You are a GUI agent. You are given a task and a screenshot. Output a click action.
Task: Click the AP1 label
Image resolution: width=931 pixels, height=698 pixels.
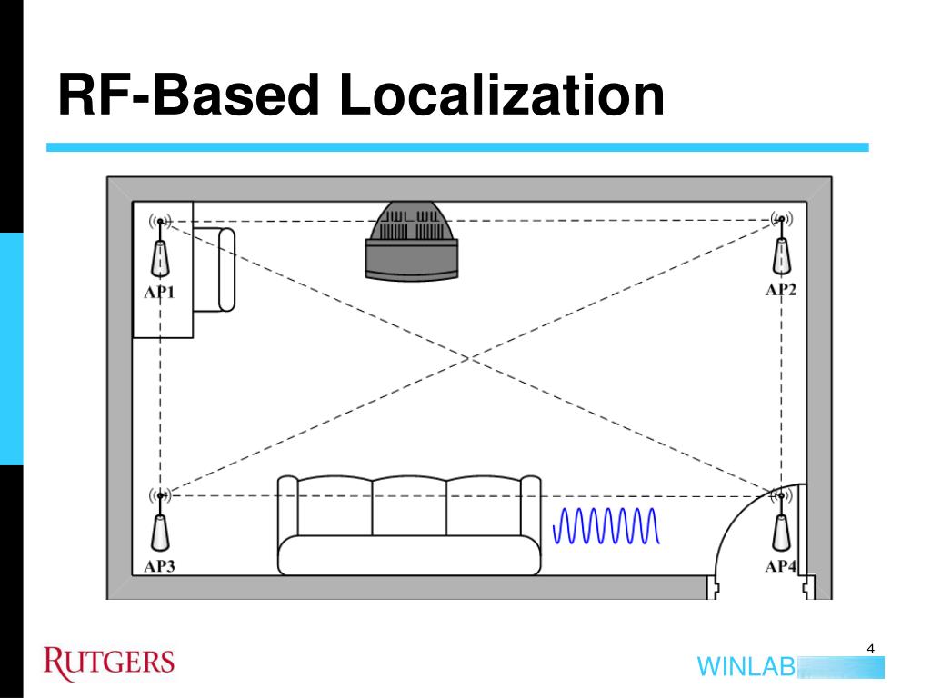tap(159, 293)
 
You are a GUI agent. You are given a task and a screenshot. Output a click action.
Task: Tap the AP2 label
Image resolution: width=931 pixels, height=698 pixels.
tap(780, 290)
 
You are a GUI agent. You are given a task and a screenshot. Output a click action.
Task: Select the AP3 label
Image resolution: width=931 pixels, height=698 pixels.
tap(159, 566)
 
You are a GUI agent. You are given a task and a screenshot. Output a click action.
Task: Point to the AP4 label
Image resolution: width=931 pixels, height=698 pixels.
tap(780, 566)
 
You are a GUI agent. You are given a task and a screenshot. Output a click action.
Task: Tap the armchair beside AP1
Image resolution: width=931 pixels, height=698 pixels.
tap(215, 269)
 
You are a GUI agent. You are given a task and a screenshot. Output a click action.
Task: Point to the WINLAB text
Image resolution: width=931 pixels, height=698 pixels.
tap(746, 666)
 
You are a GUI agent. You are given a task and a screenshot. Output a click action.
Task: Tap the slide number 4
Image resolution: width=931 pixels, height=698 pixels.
tap(870, 649)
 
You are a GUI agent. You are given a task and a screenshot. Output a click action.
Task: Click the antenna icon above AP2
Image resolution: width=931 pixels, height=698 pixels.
tap(780, 220)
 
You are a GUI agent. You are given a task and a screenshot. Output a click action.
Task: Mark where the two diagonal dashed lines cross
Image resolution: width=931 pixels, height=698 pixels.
tap(470, 358)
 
